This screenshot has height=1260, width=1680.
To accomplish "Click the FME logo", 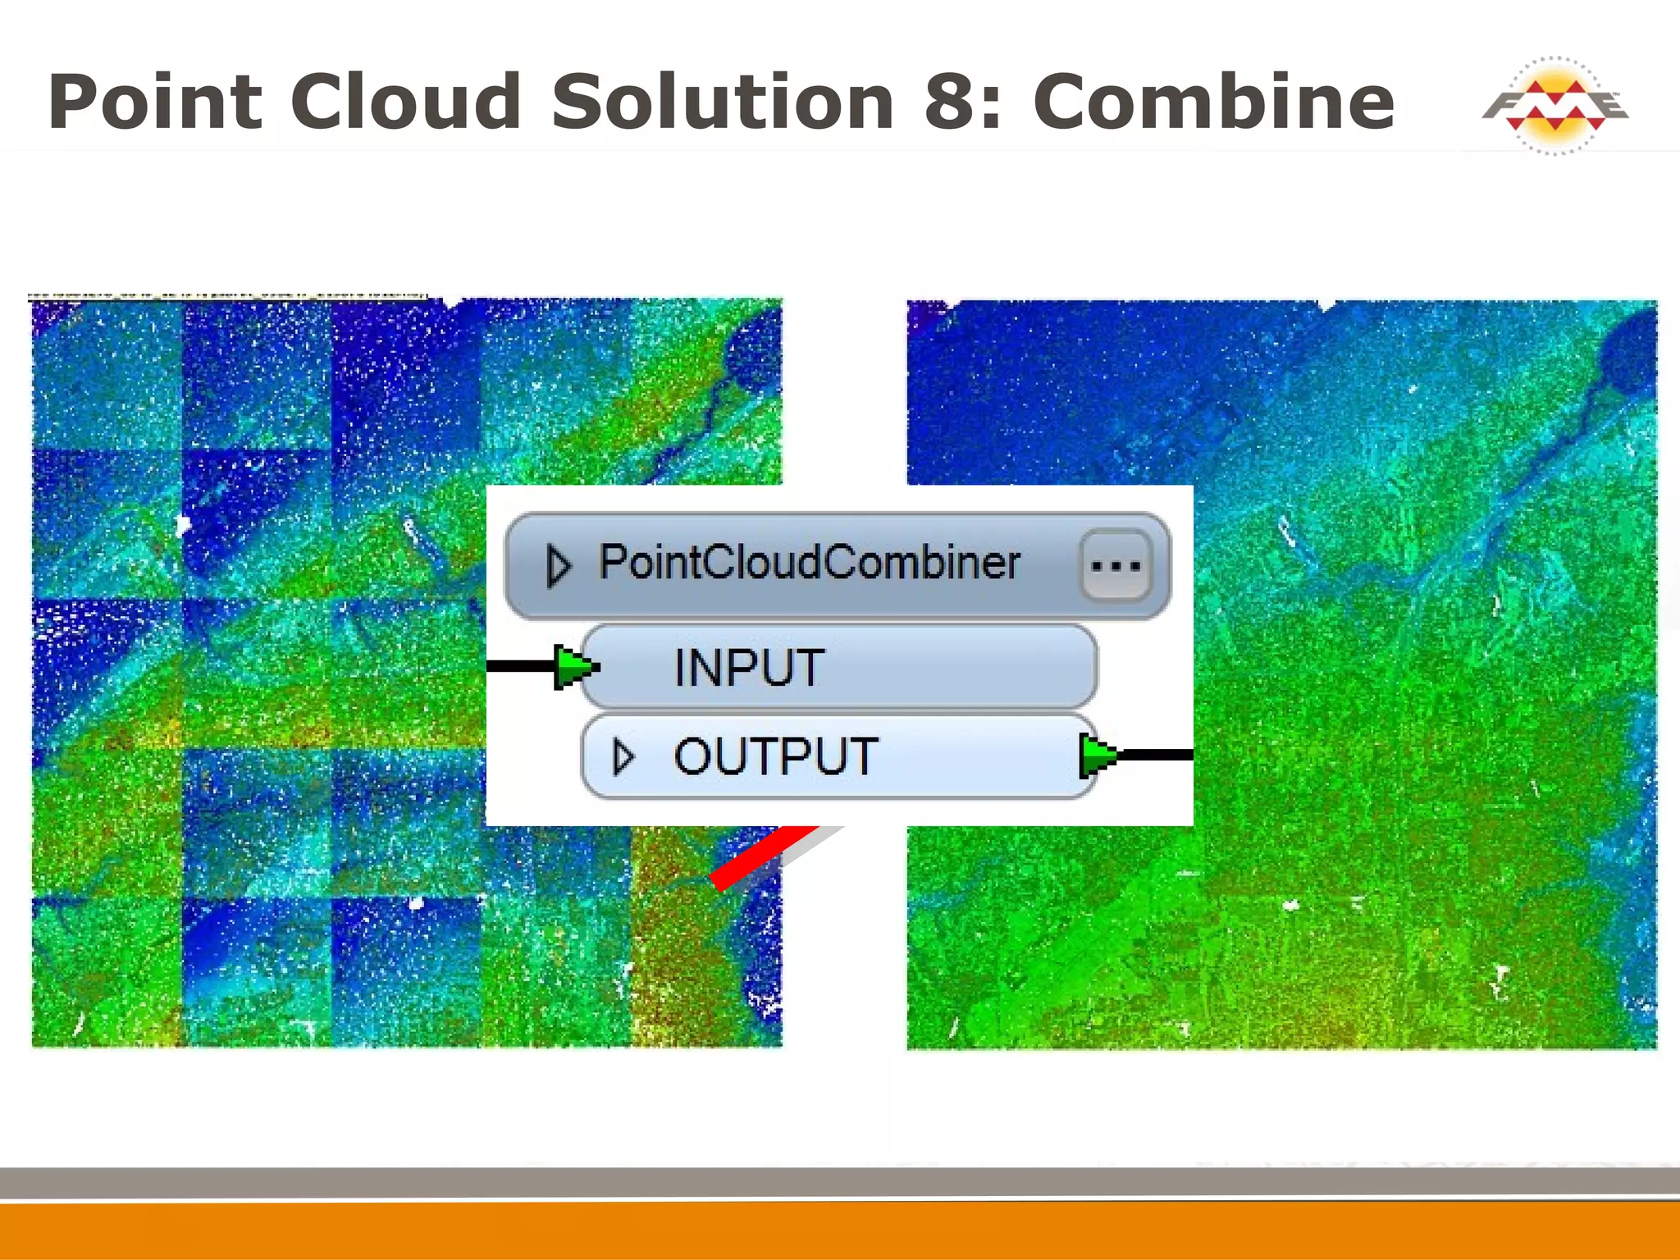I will click(1554, 106).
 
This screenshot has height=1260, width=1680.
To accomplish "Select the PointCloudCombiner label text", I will click(810, 563).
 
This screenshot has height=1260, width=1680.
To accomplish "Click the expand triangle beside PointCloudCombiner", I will click(559, 565).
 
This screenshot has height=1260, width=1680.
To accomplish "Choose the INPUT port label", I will click(748, 667).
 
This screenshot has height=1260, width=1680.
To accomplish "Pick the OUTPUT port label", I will click(775, 756).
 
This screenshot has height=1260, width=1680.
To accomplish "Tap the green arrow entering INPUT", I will click(575, 666).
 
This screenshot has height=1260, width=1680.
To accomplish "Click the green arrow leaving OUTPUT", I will click(1098, 755).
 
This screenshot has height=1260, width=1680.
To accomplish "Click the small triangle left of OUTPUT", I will click(623, 756).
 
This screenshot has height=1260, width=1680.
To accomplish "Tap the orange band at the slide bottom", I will click(840, 1230).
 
